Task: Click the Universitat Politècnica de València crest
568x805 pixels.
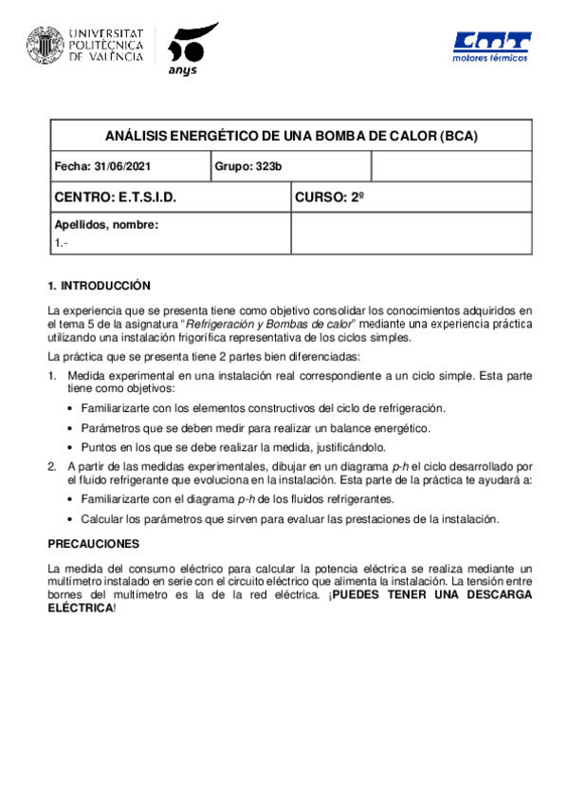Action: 46,44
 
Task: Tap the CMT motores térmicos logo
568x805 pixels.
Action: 492,47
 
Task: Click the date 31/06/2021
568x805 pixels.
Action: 122,166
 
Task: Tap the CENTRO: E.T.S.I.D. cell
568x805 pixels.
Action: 116,197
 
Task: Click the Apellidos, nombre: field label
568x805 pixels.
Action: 106,225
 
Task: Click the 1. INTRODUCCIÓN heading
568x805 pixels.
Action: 100,285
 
